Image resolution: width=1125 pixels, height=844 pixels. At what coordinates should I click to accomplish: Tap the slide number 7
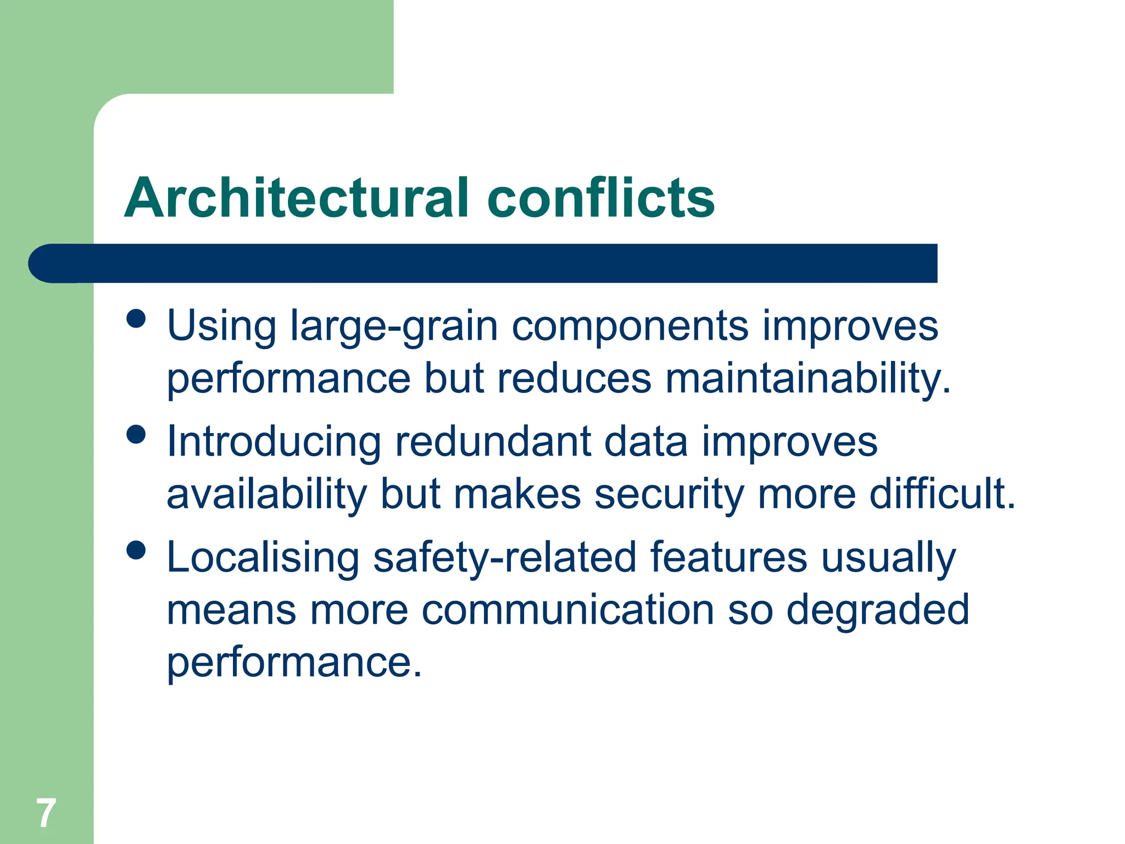(46, 813)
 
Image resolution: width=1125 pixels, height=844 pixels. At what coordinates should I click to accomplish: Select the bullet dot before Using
(136, 318)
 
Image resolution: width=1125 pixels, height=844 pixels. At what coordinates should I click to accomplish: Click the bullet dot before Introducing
(136, 434)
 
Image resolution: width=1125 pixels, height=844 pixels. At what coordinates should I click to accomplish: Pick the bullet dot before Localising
(136, 549)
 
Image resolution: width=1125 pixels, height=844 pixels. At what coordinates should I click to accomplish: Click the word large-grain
(393, 327)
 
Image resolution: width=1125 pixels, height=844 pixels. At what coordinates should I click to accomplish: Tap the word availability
(266, 494)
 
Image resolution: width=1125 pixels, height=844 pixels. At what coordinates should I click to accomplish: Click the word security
(669, 494)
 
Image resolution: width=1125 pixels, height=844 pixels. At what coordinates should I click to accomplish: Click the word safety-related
(504, 558)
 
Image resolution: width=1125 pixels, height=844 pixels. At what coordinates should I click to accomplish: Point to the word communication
(567, 610)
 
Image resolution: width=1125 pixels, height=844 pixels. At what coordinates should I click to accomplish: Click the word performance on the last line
(293, 663)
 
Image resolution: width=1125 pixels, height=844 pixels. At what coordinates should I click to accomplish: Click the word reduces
(573, 379)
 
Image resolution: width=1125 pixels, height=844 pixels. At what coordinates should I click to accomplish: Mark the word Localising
(263, 558)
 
